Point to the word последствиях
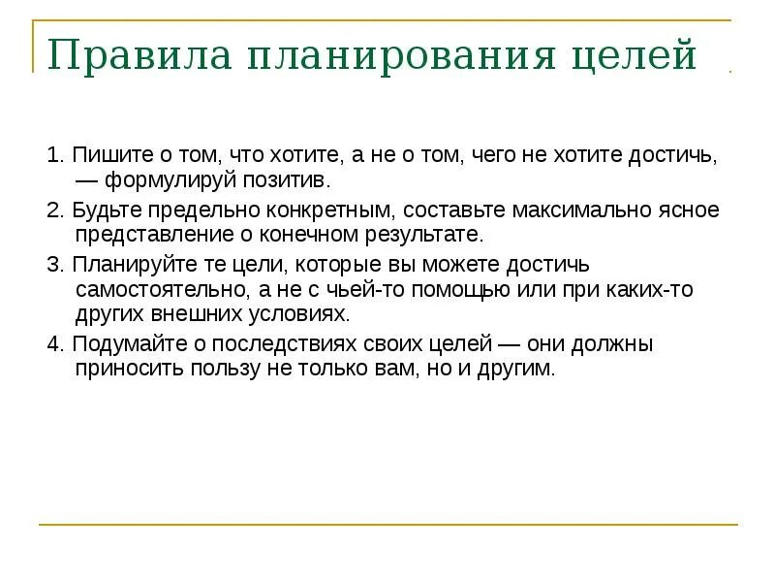287,344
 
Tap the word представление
150,236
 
